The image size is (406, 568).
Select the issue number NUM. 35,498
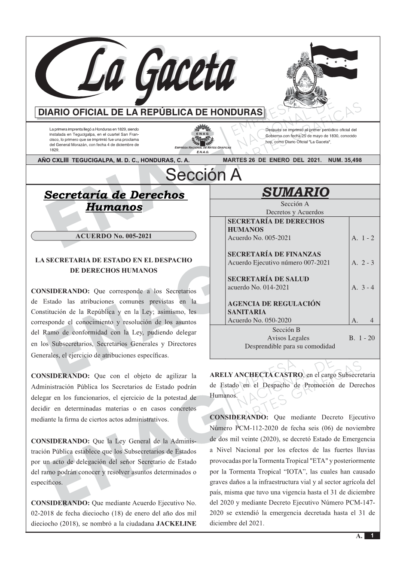click(x=345, y=160)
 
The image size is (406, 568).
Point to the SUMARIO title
click(x=295, y=192)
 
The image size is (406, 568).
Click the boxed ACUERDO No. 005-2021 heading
click(x=113, y=236)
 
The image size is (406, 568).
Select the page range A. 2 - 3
click(x=363, y=263)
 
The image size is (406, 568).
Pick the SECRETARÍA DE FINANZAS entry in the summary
click(x=274, y=254)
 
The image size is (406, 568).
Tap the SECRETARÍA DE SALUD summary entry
click(x=268, y=279)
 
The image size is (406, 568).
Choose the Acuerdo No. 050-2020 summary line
click(x=259, y=320)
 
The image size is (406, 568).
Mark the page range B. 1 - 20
click(x=362, y=338)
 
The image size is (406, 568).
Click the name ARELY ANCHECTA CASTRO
click(x=256, y=375)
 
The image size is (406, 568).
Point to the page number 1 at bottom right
click(x=372, y=536)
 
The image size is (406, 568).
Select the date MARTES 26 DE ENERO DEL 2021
click(x=272, y=160)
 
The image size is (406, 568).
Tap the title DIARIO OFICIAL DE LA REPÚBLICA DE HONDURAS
click(x=150, y=112)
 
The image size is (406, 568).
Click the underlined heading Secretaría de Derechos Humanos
click(x=114, y=201)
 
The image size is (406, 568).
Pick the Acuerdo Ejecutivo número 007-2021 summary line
click(x=279, y=263)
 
